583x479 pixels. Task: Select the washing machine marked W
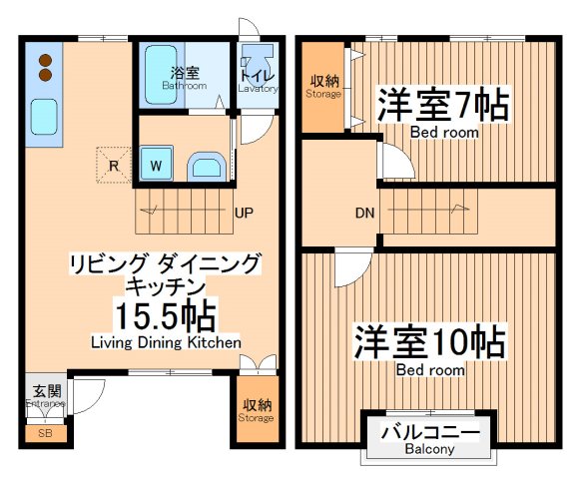click(x=157, y=165)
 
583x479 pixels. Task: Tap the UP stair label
click(x=243, y=213)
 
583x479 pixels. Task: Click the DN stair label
click(x=365, y=213)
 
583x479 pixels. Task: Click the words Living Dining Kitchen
click(x=166, y=342)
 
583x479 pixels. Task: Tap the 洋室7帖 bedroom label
click(x=442, y=106)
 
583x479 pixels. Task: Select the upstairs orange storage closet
click(x=323, y=88)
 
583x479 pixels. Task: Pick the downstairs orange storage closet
click(x=257, y=410)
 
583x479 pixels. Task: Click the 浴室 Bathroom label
click(x=184, y=77)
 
